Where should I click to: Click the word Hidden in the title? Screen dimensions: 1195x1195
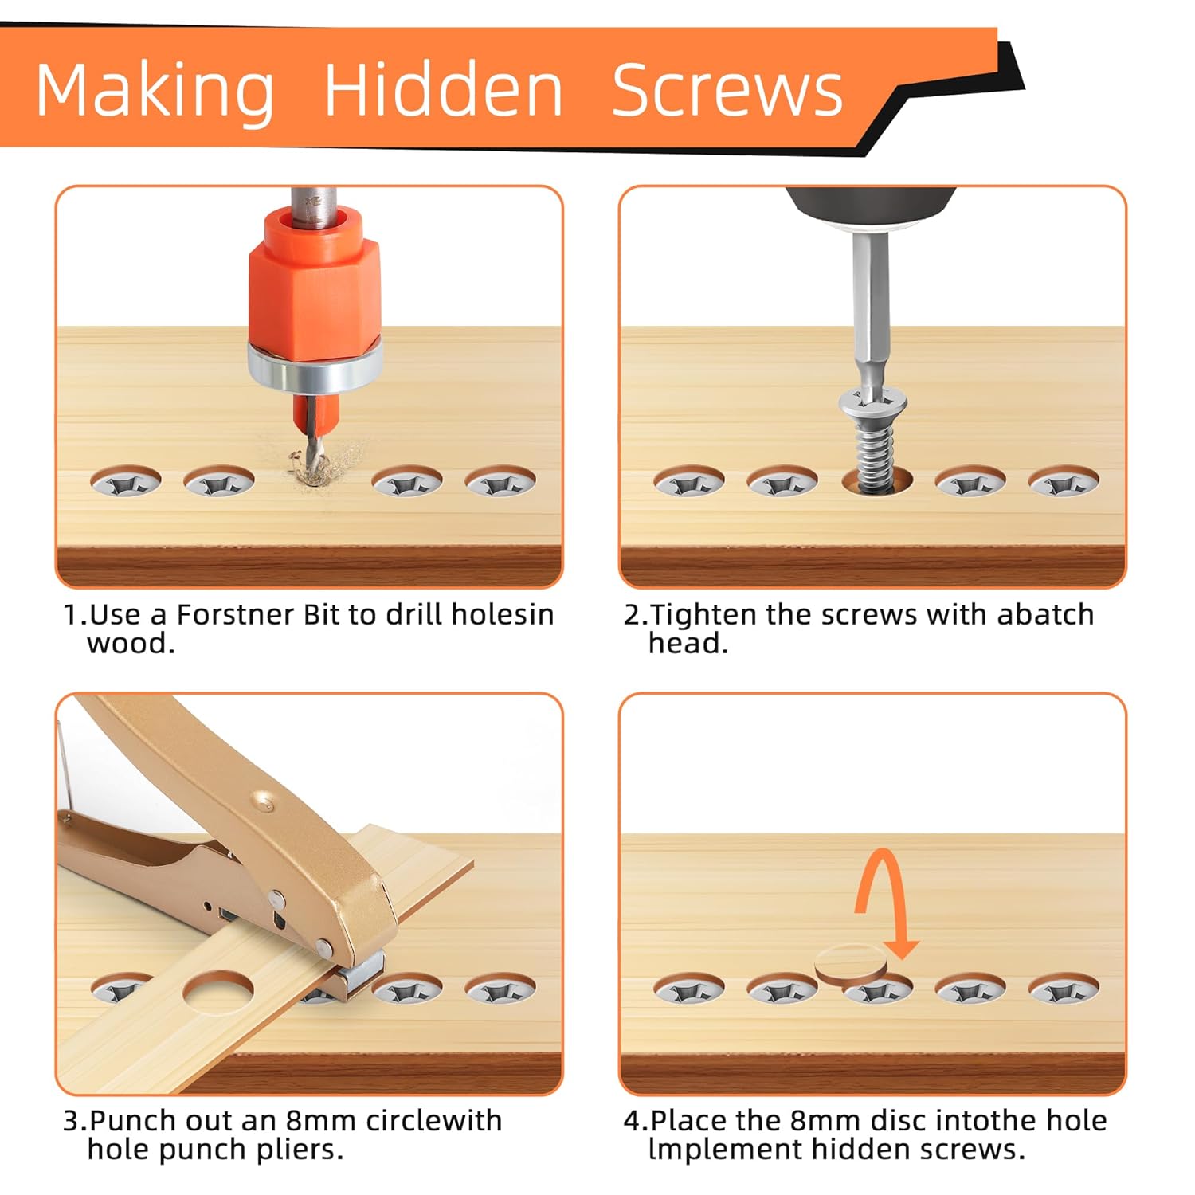[444, 89]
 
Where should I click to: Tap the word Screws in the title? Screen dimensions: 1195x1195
[727, 90]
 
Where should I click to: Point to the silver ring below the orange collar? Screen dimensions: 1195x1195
[314, 366]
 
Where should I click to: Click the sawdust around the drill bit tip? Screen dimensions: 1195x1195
[323, 464]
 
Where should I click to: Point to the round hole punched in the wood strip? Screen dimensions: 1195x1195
[218, 991]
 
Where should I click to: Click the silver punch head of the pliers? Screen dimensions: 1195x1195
[361, 971]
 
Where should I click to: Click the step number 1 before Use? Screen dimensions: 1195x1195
[70, 615]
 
